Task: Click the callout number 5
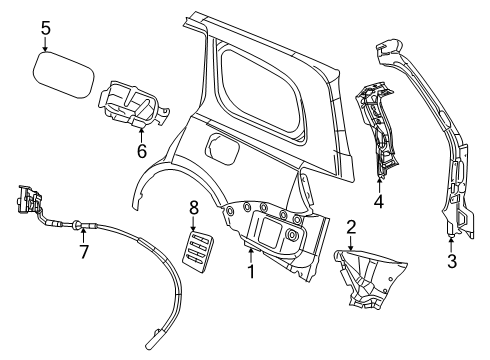(46, 27)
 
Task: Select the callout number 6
(141, 151)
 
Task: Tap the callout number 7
(83, 253)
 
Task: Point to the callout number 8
(194, 208)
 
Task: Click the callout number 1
(250, 270)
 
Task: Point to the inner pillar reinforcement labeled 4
(380, 130)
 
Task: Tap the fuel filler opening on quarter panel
(221, 154)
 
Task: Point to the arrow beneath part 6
(141, 134)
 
